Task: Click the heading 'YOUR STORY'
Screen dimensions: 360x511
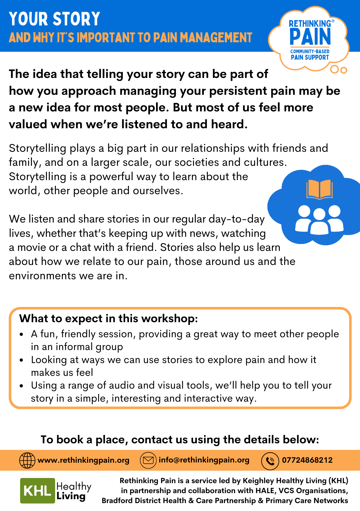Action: click(x=54, y=19)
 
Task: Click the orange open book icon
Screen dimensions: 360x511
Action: click(x=319, y=189)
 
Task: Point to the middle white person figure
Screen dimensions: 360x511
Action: click(x=319, y=222)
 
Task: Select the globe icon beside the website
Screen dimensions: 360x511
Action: click(x=27, y=460)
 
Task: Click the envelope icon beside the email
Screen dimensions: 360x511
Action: click(x=148, y=460)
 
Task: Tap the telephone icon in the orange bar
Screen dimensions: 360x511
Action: click(x=270, y=461)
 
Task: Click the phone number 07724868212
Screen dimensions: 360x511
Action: click(x=307, y=460)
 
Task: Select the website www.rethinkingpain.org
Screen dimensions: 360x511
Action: click(x=83, y=460)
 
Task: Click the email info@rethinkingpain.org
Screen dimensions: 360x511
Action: click(x=204, y=460)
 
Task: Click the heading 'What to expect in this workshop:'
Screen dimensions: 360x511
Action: click(x=109, y=319)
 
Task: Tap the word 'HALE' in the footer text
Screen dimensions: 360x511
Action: click(x=265, y=491)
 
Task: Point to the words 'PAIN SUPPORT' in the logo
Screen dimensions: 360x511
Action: click(x=310, y=57)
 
